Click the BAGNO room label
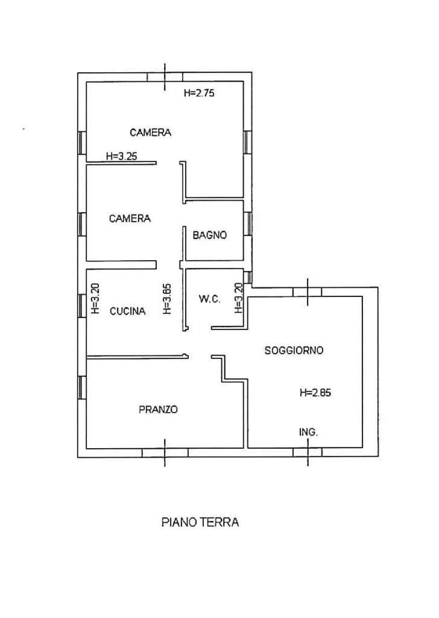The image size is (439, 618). coord(209,236)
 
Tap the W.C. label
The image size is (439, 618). coord(209,299)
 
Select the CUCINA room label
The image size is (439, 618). coord(127,311)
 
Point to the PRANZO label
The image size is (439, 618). coord(158,410)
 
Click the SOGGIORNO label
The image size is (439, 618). coord(294,351)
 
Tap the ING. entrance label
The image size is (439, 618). coord(308,432)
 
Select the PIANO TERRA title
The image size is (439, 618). coord(200,523)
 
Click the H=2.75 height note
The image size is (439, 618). coord(199,93)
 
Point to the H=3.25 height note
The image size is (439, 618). coord(121,157)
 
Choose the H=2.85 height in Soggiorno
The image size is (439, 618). coord(315,393)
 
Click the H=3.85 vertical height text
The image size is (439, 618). coord(167,299)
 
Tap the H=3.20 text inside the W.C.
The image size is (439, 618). coord(238,298)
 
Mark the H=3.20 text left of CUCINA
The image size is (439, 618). coord(95,299)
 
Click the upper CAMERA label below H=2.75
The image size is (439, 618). coord(151,133)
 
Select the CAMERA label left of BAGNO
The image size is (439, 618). coord(130,219)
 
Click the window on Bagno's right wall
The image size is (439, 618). coord(248,223)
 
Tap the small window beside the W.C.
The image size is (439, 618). coord(248,278)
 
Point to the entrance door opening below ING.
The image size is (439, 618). coord(308,452)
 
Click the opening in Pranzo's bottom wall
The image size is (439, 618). coord(165,453)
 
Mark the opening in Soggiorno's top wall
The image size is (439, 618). coord(308,292)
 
